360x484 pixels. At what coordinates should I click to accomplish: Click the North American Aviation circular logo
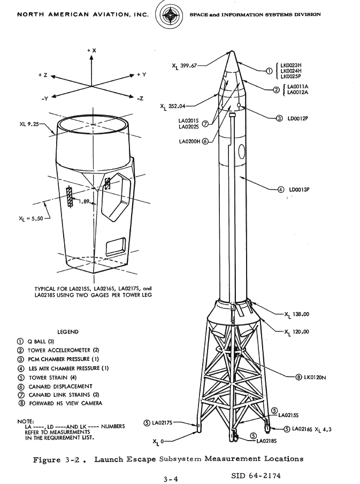pos(169,14)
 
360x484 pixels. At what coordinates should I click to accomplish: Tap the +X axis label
pos(91,50)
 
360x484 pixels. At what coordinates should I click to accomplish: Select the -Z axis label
pos(140,99)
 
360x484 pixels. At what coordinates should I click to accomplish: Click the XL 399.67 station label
pos(184,66)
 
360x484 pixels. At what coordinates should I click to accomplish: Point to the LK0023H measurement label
pos(291,65)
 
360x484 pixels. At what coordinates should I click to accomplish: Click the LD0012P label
pos(298,118)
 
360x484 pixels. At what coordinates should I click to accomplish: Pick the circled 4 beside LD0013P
pos(281,190)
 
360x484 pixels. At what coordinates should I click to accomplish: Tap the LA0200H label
pos(189,141)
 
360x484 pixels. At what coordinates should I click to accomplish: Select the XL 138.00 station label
pos(297,314)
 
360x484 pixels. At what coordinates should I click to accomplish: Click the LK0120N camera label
pos(315,377)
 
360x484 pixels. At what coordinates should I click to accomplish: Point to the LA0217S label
pos(162,422)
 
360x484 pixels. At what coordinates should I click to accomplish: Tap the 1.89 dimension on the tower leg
pos(84,201)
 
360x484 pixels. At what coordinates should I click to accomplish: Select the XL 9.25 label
pos(29,124)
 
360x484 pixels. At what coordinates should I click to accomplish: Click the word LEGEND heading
pos(68,332)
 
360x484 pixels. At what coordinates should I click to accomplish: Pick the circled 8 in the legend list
pos(21,404)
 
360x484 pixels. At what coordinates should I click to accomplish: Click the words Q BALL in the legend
pos(37,342)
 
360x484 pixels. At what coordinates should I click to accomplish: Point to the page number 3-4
pos(171,479)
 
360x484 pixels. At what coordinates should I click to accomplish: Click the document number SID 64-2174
pos(256,475)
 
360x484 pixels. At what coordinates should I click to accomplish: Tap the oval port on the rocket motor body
pos(242,152)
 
